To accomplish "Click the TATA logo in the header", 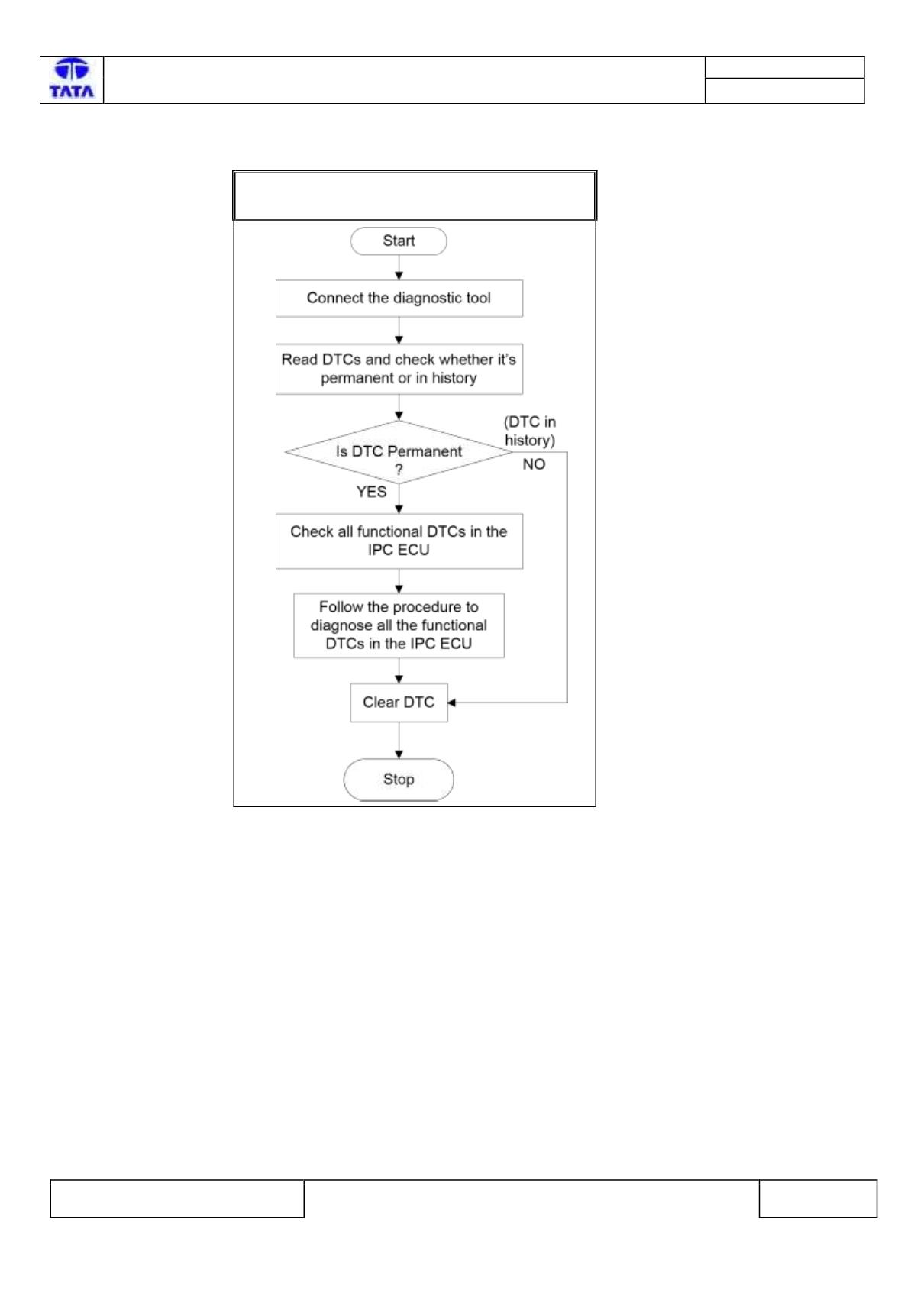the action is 71,79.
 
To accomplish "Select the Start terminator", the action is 399,241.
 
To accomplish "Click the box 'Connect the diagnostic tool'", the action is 399,299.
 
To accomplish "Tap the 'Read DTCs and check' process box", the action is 399,369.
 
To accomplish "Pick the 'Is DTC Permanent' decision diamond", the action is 399,452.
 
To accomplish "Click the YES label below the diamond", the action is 371,492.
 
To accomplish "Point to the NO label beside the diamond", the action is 534,464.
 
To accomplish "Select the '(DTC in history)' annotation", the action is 530,431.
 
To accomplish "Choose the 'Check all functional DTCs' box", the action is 399,541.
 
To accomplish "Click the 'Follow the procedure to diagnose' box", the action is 399,625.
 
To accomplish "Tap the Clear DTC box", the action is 399,703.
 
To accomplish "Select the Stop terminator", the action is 399,779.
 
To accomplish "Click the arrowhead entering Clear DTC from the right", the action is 451,703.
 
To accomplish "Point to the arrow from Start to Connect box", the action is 399,267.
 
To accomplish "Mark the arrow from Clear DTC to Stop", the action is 399,740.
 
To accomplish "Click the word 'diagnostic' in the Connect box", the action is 428,299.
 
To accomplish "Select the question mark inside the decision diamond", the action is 399,470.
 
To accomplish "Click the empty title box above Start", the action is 415,195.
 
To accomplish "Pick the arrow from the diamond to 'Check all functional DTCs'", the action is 399,499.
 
